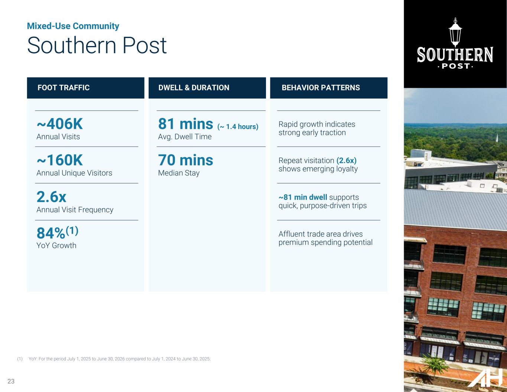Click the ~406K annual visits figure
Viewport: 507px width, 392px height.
(x=60, y=124)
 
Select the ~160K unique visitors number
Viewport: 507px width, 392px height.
(x=60, y=160)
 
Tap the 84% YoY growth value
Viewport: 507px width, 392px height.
(x=51, y=233)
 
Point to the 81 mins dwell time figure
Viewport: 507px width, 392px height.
(x=185, y=124)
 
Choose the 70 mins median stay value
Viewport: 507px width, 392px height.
(x=185, y=160)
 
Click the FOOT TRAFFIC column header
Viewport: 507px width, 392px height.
(x=64, y=87)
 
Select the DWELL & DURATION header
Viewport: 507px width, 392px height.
(x=194, y=87)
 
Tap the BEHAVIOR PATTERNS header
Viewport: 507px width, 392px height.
(x=321, y=87)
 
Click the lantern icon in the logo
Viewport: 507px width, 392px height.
(x=455, y=32)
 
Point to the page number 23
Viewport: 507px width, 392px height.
(x=11, y=381)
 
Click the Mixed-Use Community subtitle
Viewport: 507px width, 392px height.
(x=73, y=26)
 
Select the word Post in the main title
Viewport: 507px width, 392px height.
(x=144, y=45)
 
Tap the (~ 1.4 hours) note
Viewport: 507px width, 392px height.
(x=238, y=127)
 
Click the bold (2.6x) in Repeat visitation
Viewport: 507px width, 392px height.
(x=347, y=161)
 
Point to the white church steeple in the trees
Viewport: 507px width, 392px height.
(x=497, y=138)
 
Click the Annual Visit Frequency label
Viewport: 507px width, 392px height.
(x=75, y=210)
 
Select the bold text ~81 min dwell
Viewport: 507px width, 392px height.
(x=303, y=197)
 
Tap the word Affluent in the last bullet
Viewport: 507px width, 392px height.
(x=292, y=234)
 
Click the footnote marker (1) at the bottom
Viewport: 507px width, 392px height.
(x=20, y=359)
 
